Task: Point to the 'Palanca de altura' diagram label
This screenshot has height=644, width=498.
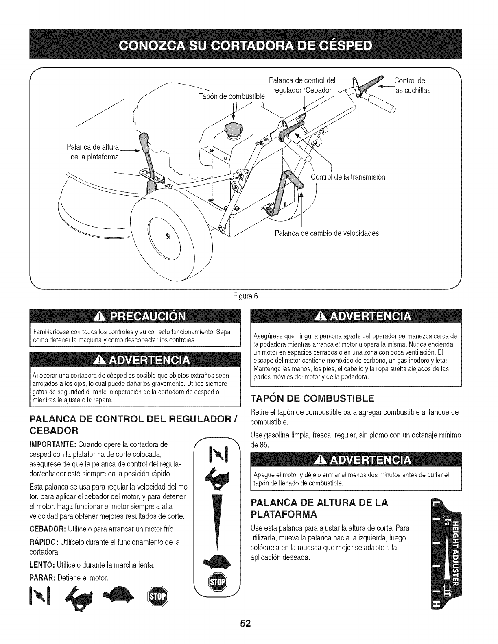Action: pyautogui.click(x=93, y=152)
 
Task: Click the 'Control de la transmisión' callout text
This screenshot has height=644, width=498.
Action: pyautogui.click(x=347, y=177)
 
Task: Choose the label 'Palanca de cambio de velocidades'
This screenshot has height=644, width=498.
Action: pyautogui.click(x=327, y=233)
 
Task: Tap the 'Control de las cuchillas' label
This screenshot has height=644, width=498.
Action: pyautogui.click(x=412, y=85)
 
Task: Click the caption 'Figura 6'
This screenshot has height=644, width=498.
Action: pyautogui.click(x=249, y=296)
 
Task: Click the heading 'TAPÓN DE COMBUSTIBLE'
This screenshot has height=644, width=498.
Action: pyautogui.click(x=313, y=397)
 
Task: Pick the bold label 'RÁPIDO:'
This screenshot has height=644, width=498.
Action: pyautogui.click(x=45, y=542)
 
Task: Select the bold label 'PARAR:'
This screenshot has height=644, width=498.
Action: pyautogui.click(x=43, y=578)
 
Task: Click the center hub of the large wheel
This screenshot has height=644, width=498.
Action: pyautogui.click(x=168, y=237)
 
